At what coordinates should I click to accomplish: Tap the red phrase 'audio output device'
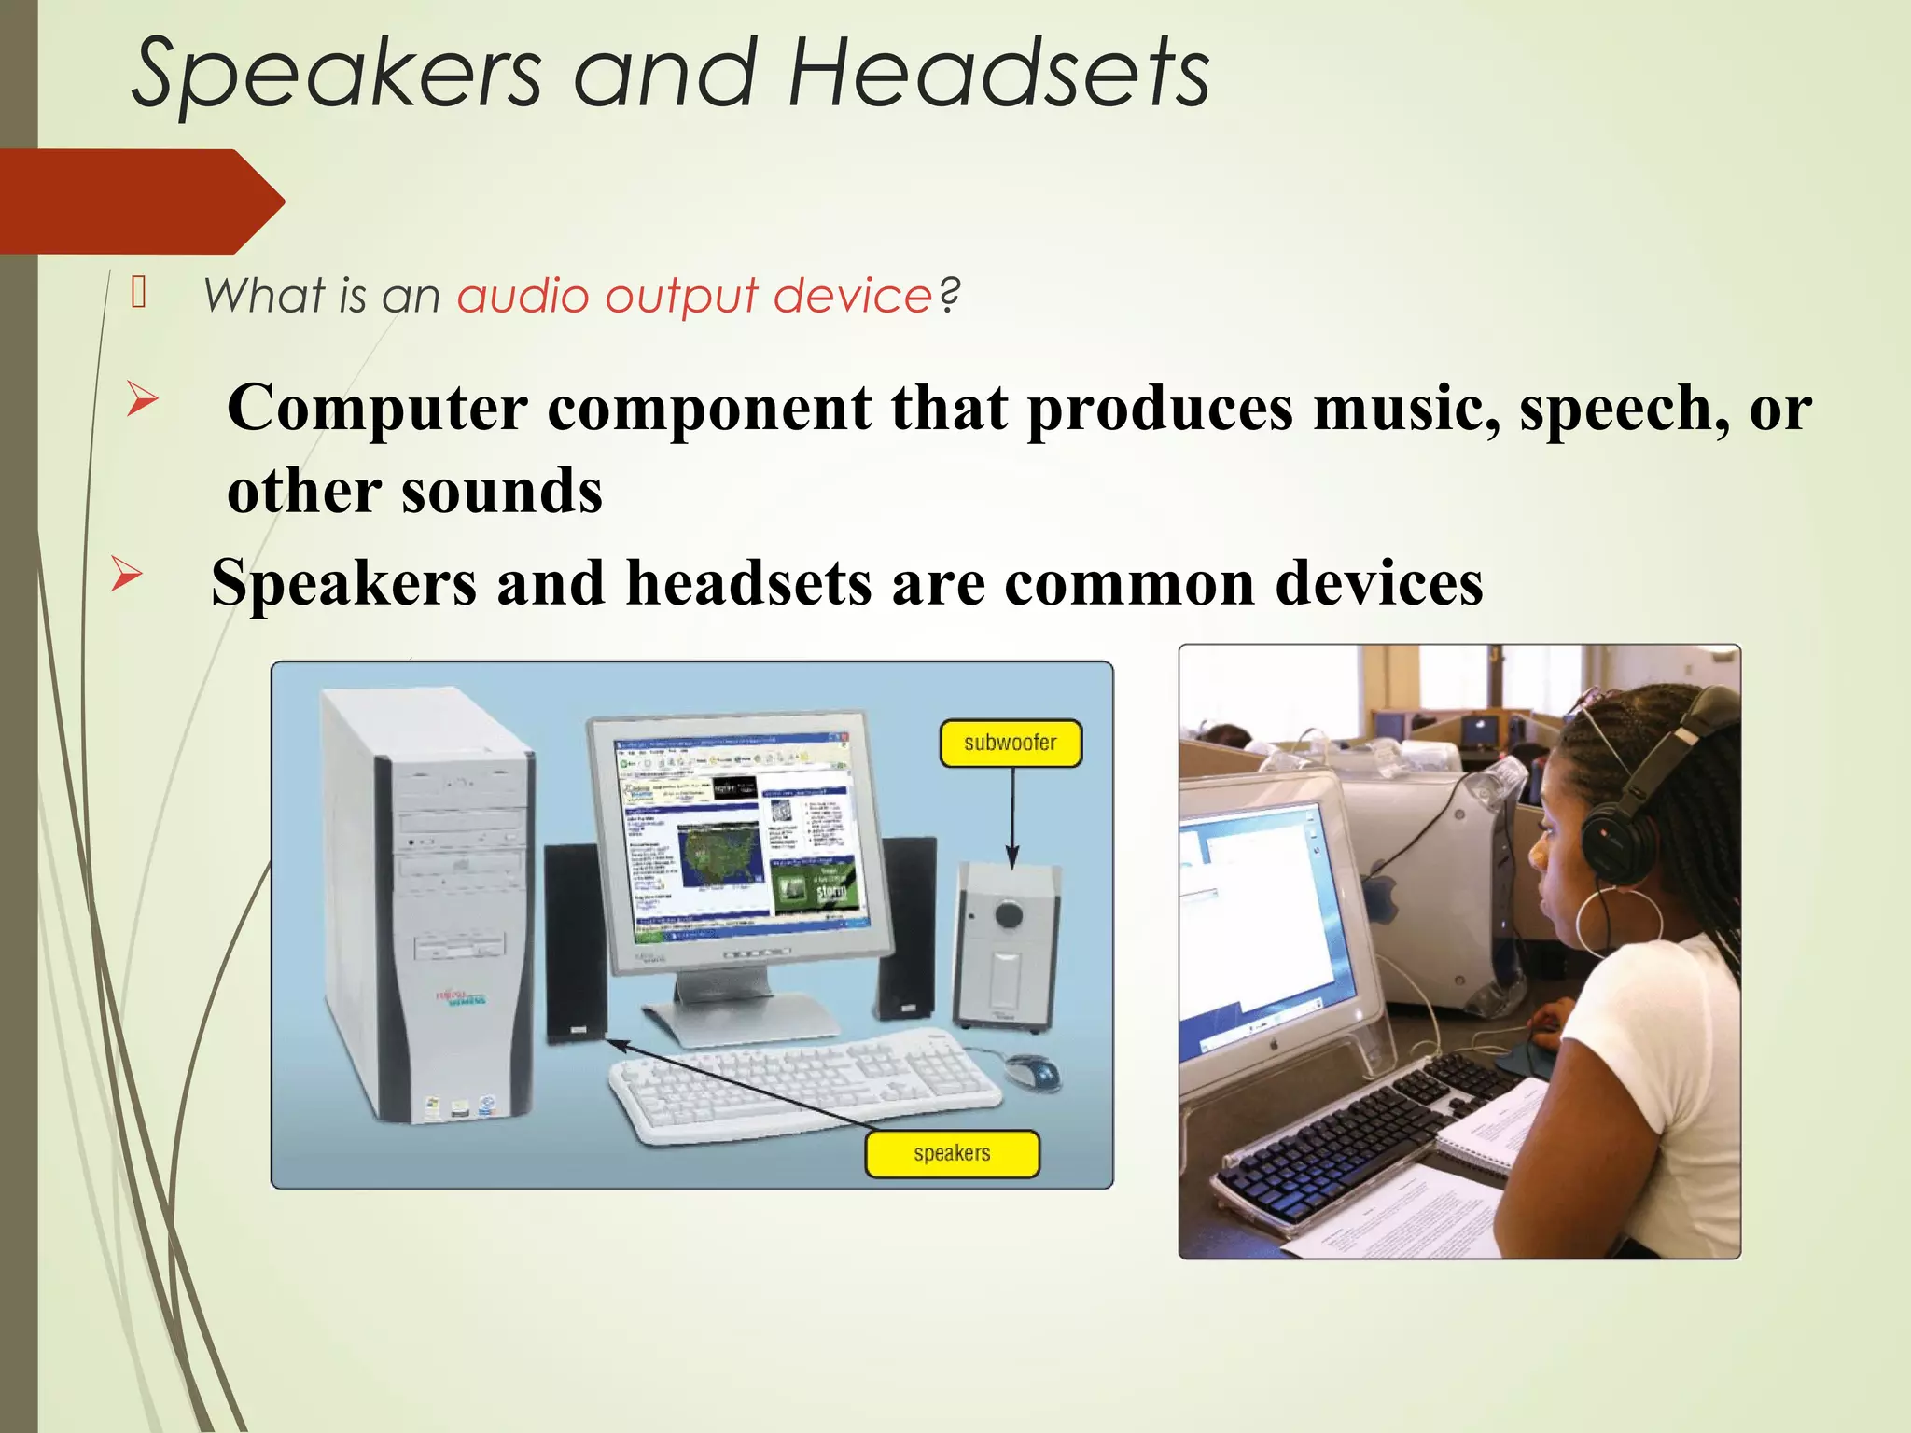(694, 297)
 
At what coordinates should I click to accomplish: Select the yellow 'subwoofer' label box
(1011, 744)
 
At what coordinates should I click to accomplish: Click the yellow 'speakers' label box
(952, 1154)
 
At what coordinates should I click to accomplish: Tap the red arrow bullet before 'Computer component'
(142, 400)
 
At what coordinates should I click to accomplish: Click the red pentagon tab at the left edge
(140, 202)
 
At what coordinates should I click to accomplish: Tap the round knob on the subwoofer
(1009, 914)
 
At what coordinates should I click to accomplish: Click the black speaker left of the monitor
(573, 942)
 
